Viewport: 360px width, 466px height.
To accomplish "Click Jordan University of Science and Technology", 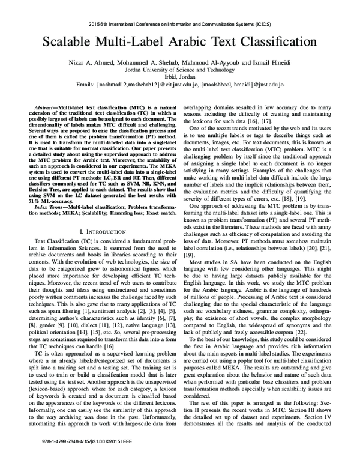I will pos(180,70).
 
